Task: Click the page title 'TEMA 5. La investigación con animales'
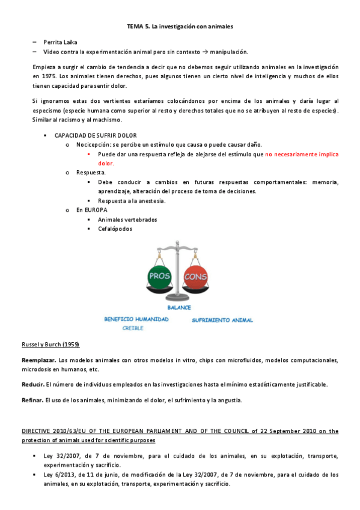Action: tap(180, 27)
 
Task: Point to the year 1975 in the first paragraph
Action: tap(40, 77)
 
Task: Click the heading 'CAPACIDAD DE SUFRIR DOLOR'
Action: tap(96, 135)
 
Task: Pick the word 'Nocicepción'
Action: tap(93, 145)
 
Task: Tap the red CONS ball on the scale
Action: tap(195, 277)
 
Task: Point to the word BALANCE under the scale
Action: tap(178, 307)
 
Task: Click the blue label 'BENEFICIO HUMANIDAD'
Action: tap(136, 319)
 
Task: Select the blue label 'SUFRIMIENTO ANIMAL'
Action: tap(222, 320)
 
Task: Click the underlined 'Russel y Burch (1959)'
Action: tap(50, 344)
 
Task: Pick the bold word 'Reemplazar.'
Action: tap(39, 360)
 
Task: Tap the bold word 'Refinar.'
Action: tap(34, 400)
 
